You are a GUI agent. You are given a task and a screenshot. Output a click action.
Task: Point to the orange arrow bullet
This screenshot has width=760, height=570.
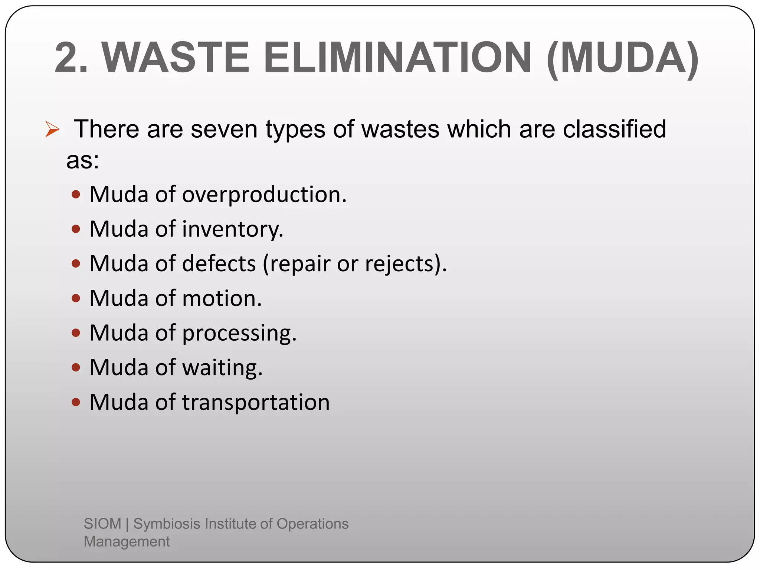click(52, 130)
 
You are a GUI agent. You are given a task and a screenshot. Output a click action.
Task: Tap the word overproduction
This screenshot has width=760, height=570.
click(264, 195)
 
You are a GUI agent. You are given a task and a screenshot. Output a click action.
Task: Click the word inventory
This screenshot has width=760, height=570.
click(232, 229)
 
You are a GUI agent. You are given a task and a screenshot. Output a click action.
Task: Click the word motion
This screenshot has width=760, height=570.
click(222, 298)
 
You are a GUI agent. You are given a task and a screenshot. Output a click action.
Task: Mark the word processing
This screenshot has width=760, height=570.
click(239, 333)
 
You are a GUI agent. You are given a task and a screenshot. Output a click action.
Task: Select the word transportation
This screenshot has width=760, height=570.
click(256, 402)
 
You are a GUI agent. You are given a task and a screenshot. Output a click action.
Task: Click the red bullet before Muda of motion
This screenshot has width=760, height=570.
click(76, 298)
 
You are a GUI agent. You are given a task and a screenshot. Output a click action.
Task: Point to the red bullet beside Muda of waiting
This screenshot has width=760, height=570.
click(76, 367)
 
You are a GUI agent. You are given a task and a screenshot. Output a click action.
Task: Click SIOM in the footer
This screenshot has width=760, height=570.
click(102, 524)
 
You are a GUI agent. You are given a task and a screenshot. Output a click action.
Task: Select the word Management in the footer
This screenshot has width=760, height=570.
click(127, 541)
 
